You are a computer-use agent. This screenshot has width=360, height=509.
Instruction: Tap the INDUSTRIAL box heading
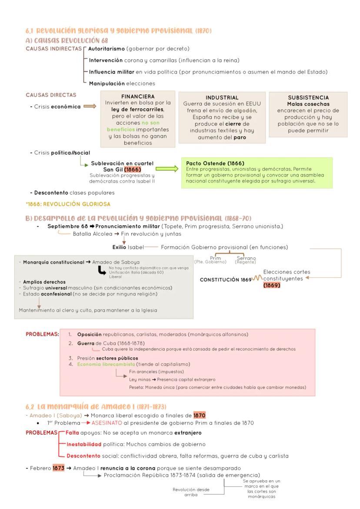[x=222, y=98]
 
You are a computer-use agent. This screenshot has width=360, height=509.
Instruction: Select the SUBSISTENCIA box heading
[x=308, y=98]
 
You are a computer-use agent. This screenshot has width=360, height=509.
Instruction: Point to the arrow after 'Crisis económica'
[x=90, y=107]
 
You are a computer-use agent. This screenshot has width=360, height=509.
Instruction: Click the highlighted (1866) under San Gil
[x=132, y=169]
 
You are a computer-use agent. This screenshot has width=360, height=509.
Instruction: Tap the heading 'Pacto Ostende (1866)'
[x=209, y=163]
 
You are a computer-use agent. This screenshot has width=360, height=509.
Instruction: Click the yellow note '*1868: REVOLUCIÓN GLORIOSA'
[x=68, y=204]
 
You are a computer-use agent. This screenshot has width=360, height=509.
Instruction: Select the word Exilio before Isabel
[x=120, y=247]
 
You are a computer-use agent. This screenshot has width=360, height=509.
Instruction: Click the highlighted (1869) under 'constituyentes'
[x=272, y=285]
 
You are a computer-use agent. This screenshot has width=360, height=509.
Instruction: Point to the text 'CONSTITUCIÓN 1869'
[x=225, y=279]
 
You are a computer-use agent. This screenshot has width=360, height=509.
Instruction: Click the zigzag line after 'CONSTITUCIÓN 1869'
[x=257, y=279]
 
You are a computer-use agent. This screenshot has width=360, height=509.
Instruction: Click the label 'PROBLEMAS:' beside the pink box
[x=42, y=334]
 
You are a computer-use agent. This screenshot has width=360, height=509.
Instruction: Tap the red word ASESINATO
[x=108, y=423]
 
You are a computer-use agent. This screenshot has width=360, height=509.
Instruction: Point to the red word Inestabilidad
[x=83, y=444]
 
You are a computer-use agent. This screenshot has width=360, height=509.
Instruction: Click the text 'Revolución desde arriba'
[x=191, y=492]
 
